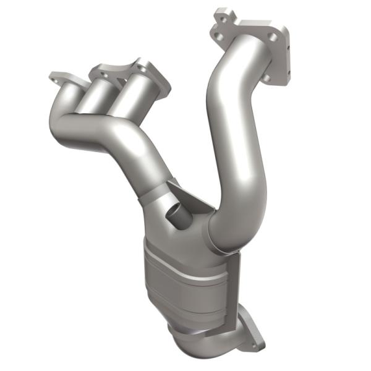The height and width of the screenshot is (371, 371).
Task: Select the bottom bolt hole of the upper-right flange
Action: (267, 79)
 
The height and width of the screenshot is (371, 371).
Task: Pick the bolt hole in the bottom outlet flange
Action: (252, 341)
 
